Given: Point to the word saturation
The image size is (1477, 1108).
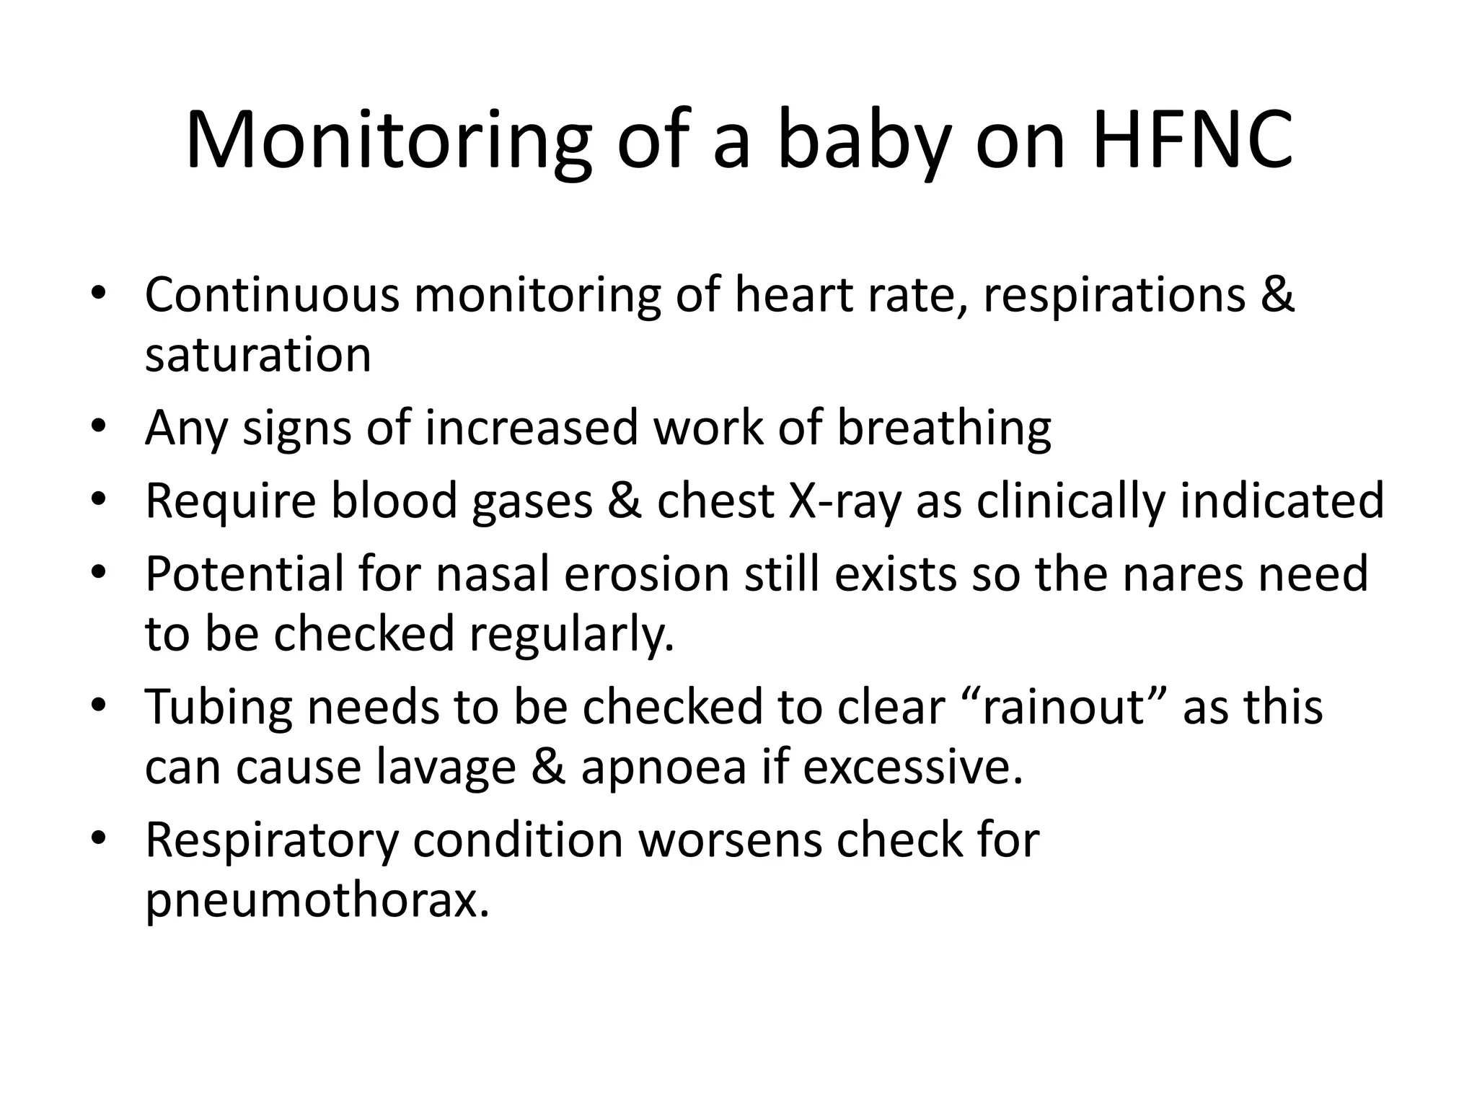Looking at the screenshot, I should pyautogui.click(x=258, y=355).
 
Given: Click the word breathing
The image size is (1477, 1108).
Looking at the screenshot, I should pyautogui.click(x=943, y=427).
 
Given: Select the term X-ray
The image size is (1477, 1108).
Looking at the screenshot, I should pyautogui.click(x=845, y=501).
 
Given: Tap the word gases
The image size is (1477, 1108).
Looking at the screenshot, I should pyautogui.click(x=532, y=501).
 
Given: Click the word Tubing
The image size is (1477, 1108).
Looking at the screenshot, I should pyautogui.click(x=219, y=707).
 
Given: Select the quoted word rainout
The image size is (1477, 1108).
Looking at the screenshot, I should pyautogui.click(x=1064, y=707).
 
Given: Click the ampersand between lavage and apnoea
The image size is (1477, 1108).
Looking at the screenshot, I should pyautogui.click(x=548, y=768).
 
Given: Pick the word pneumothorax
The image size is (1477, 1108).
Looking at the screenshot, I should pyautogui.click(x=317, y=900).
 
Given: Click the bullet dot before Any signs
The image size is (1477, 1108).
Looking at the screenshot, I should pyautogui.click(x=99, y=427).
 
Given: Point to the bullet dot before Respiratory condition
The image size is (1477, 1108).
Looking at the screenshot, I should pyautogui.click(x=99, y=840).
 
